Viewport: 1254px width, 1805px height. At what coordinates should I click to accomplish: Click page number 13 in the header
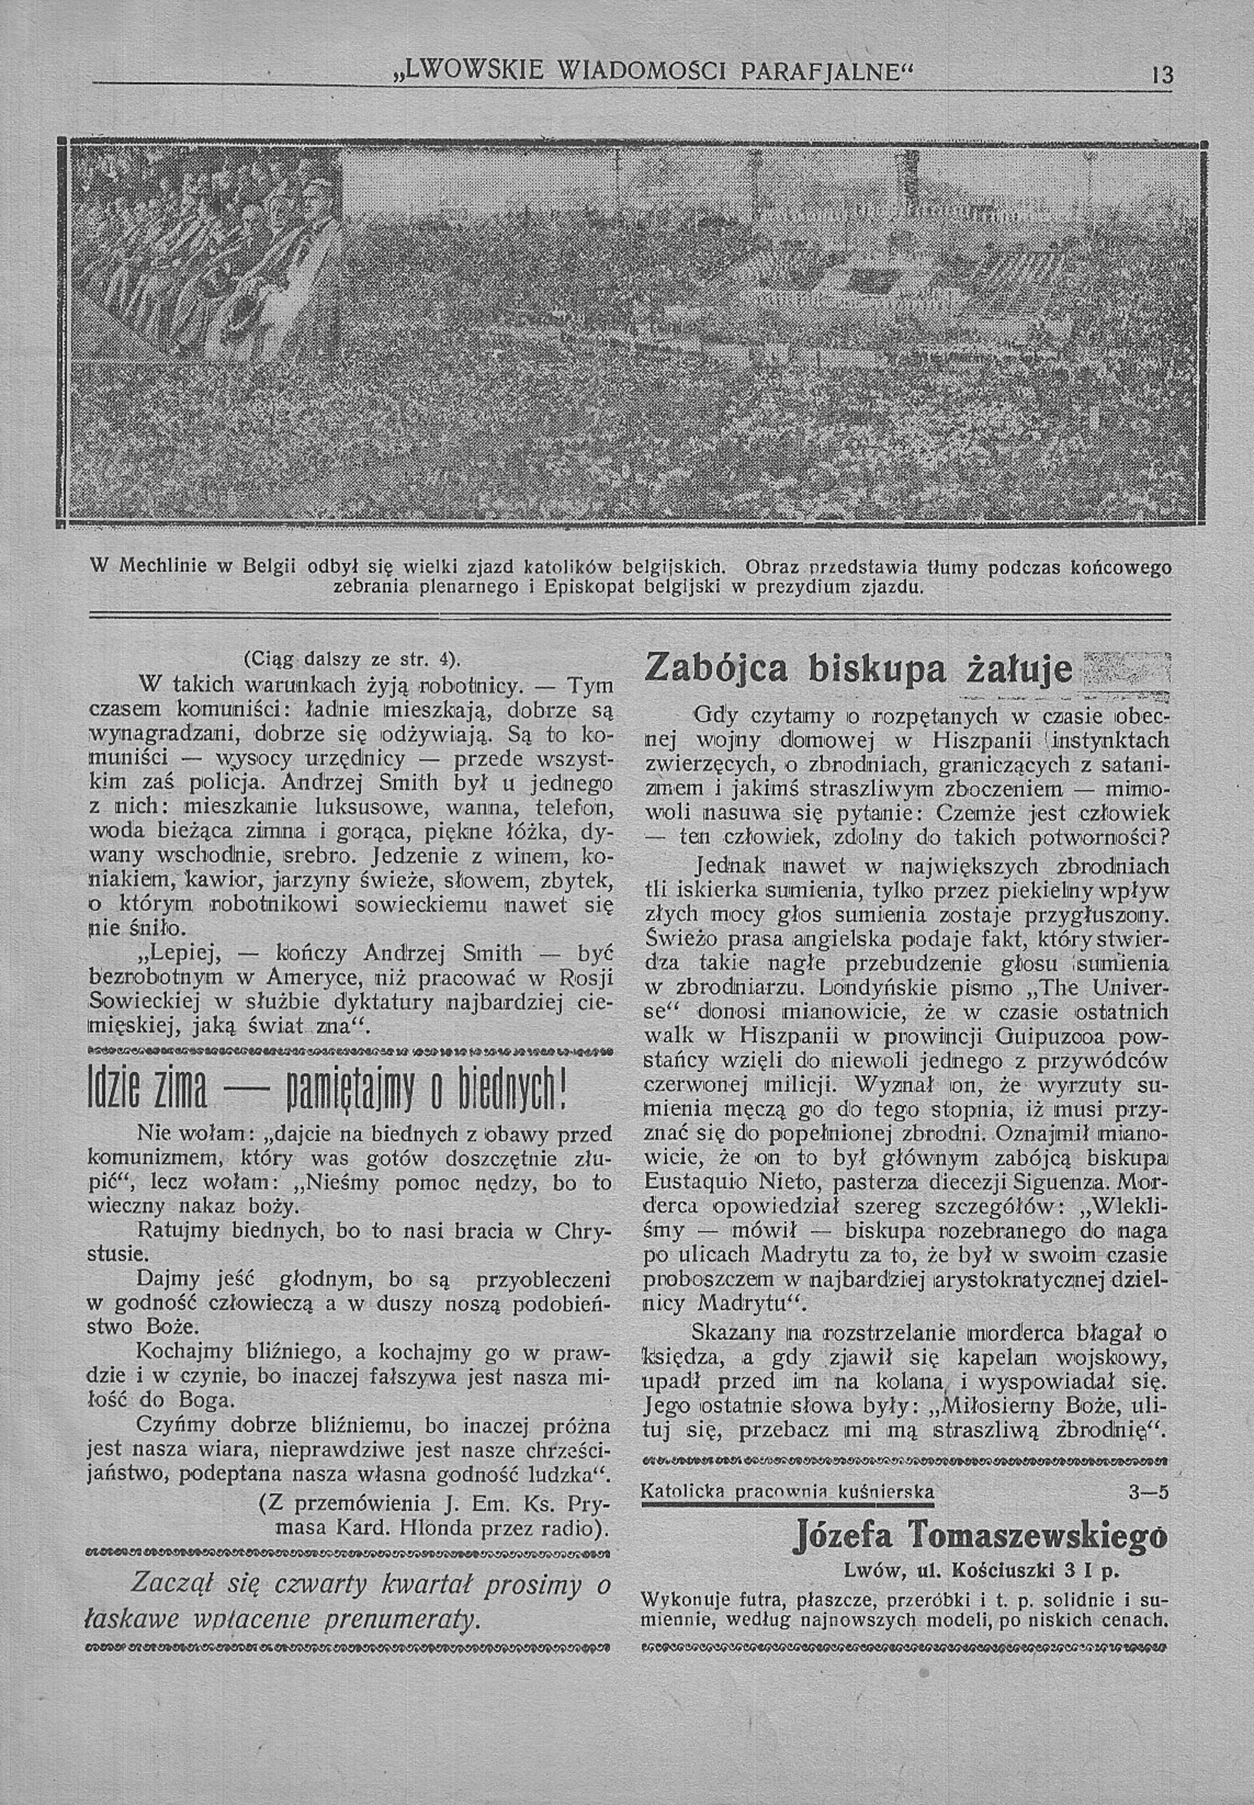pyautogui.click(x=1161, y=76)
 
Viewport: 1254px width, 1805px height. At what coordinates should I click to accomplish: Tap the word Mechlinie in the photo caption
pyautogui.click(x=154, y=567)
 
